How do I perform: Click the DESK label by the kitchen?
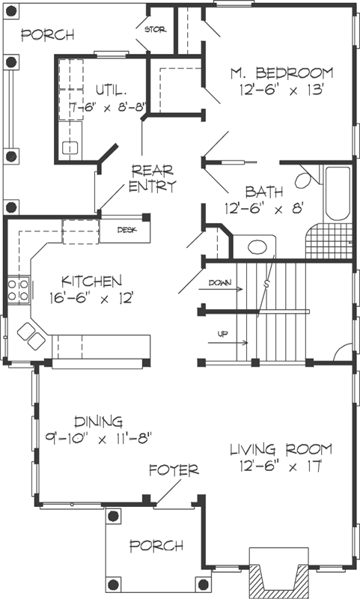tap(128, 229)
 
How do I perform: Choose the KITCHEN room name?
tap(91, 282)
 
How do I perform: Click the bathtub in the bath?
tap(338, 194)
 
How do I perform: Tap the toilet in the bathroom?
tap(304, 179)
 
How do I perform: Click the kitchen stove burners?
tap(18, 290)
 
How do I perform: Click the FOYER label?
tap(174, 470)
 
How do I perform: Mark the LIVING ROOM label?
tap(280, 450)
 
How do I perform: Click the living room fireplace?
tap(278, 574)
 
